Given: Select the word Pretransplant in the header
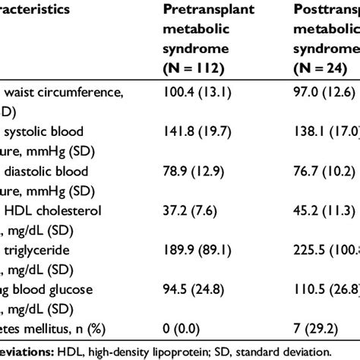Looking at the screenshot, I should pyautogui.click(x=206, y=11).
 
